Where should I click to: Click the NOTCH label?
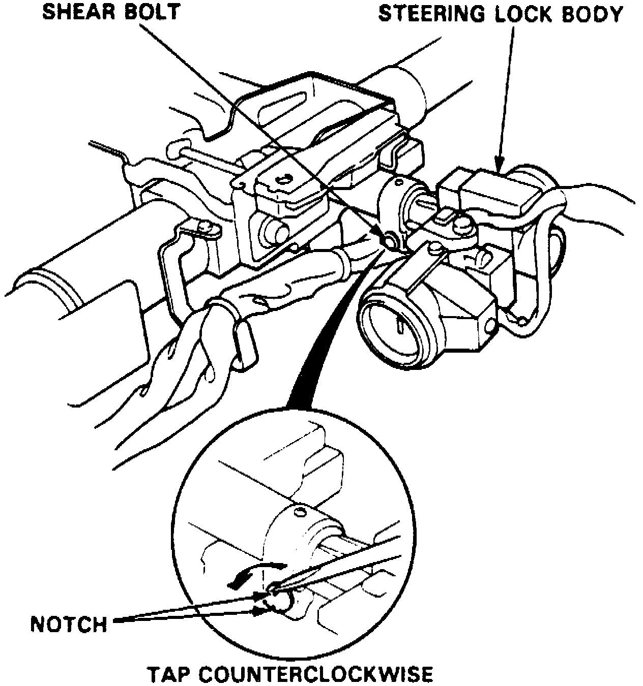(69, 623)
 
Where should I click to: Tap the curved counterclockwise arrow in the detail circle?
(254, 573)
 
